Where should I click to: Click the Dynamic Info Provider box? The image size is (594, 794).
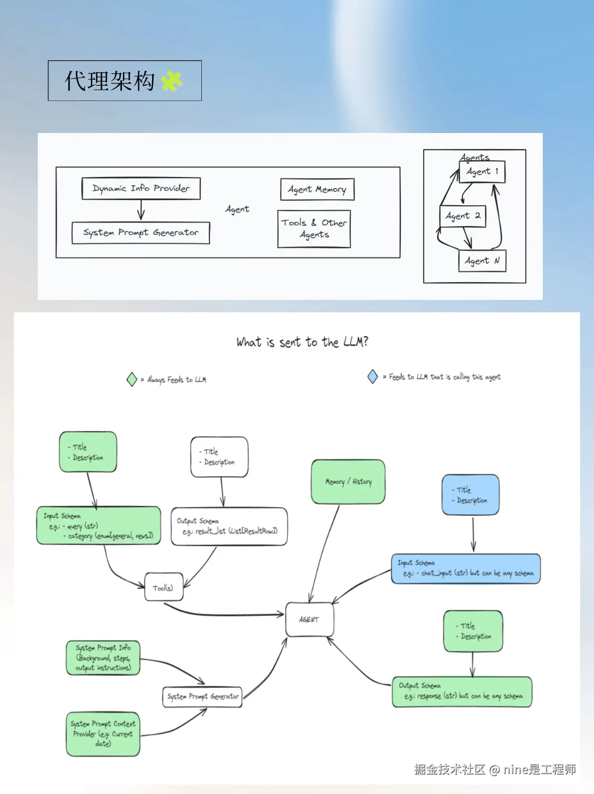(141, 188)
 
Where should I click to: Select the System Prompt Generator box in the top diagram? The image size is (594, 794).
(141, 233)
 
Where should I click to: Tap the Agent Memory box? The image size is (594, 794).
(317, 189)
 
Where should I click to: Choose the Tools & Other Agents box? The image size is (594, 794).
(314, 229)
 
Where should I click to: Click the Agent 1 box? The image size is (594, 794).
(482, 172)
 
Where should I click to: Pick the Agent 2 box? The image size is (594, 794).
(462, 216)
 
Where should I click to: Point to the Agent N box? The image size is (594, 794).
(482, 261)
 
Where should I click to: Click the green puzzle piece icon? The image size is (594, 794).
(172, 81)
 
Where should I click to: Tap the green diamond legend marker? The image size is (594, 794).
(132, 380)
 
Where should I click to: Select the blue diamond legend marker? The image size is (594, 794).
(373, 377)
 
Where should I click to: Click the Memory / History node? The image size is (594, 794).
(348, 482)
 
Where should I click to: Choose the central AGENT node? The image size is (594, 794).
(309, 619)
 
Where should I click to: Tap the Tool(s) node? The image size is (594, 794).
(164, 587)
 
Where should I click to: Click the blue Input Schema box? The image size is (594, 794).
(466, 569)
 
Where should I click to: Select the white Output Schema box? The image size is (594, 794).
(229, 526)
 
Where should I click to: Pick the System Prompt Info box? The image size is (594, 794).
(103, 658)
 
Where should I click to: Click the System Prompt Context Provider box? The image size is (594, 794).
(103, 734)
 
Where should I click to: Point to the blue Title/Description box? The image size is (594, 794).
(471, 495)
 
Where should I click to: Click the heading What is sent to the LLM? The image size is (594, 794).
(302, 342)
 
